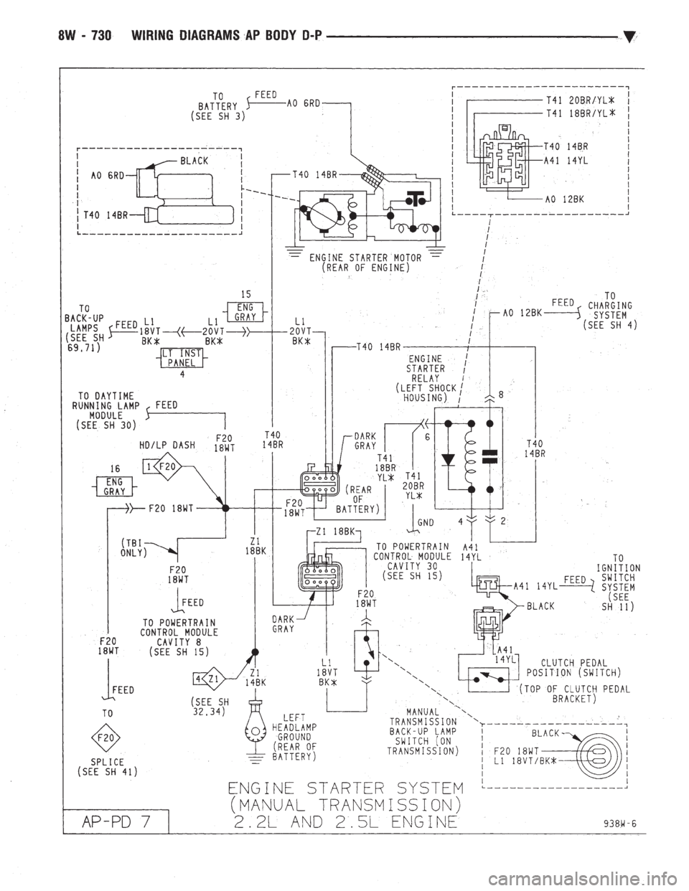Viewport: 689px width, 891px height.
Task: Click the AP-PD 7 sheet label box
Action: click(x=114, y=819)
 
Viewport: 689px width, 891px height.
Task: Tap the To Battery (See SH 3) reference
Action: click(x=218, y=105)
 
